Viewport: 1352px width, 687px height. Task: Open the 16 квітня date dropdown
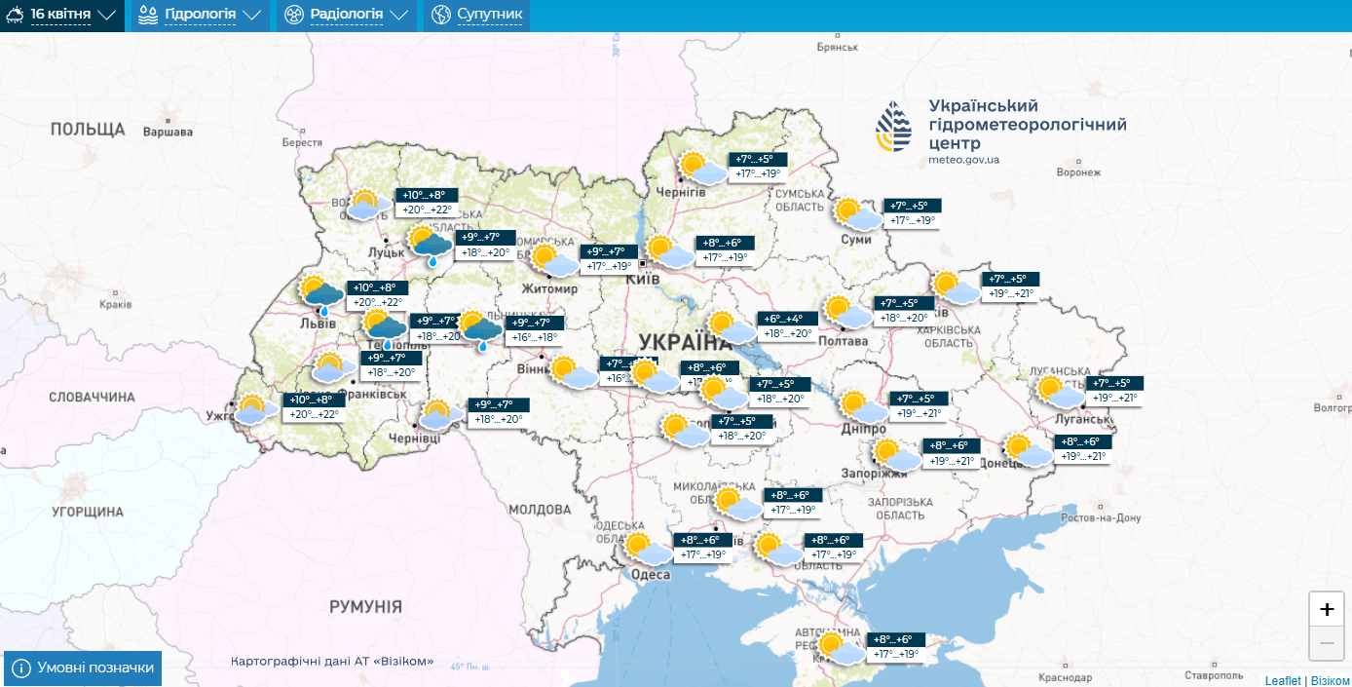click(x=61, y=15)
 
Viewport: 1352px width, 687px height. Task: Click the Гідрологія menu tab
click(x=201, y=15)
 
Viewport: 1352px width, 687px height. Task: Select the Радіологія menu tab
click(x=347, y=15)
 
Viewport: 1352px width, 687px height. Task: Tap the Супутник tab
click(x=477, y=15)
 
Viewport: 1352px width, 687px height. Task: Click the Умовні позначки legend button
click(x=84, y=668)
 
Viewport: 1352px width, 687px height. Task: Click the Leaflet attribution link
click(x=1282, y=680)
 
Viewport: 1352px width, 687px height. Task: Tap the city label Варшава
click(x=168, y=132)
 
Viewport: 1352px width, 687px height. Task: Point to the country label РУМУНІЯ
click(x=365, y=606)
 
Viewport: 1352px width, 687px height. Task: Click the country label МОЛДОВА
click(x=540, y=510)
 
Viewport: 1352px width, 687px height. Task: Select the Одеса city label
click(x=651, y=575)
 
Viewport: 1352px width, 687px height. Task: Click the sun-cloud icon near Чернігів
click(x=700, y=169)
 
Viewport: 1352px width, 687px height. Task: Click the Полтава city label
click(x=844, y=341)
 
